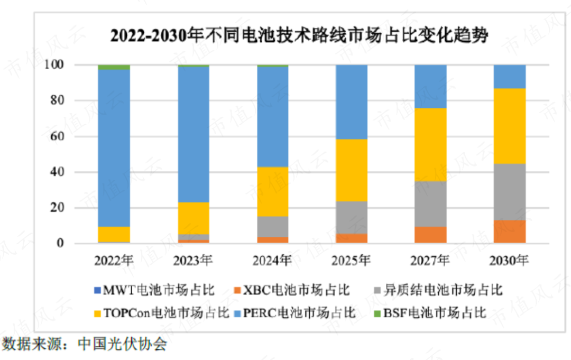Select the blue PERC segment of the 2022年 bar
(x=114, y=148)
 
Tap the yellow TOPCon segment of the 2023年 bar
(x=194, y=218)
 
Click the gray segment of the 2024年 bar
(x=273, y=227)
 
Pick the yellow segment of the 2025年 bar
(x=352, y=170)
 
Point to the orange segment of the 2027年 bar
(x=431, y=235)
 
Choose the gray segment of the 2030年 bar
(x=510, y=192)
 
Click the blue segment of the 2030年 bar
(x=510, y=77)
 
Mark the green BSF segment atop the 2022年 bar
(x=114, y=67)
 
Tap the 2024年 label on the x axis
(x=273, y=260)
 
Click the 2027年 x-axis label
(x=431, y=260)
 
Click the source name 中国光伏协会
(x=122, y=344)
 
